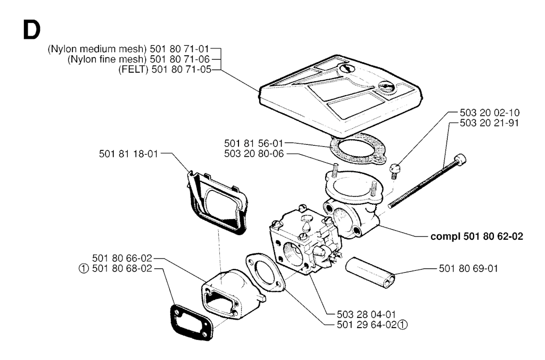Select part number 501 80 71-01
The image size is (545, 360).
pos(181,49)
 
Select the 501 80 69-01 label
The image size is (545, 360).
pos(469,268)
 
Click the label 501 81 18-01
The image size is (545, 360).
pos(129,154)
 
